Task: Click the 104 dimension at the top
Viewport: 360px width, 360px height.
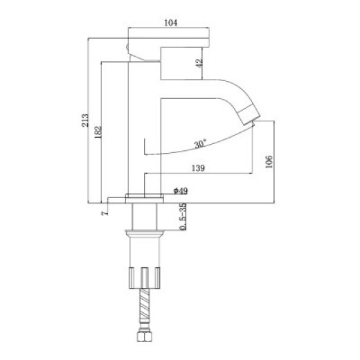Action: coord(170,23)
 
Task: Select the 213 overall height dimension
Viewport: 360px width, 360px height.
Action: coord(85,120)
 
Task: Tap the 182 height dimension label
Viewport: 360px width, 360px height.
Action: coord(98,132)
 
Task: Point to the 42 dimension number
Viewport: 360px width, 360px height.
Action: coord(199,63)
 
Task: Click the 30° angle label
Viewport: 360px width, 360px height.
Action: coord(200,144)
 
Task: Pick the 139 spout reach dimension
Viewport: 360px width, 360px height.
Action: coord(198,168)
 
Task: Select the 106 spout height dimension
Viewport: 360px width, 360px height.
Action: coord(269,162)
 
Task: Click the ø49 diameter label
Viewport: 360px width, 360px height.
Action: coord(181,191)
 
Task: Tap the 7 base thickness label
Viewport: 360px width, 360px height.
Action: coord(105,213)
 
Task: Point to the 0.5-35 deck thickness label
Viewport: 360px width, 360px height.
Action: coord(183,217)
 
